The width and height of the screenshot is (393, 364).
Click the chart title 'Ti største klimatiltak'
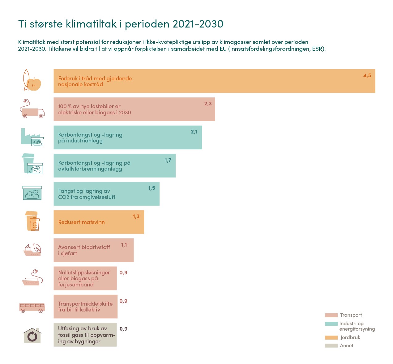point(121,24)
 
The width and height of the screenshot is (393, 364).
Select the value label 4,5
point(367,76)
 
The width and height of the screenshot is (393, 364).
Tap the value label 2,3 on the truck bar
point(208,104)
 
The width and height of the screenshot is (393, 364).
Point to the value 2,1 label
point(194,132)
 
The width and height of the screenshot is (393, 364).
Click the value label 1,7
point(168,160)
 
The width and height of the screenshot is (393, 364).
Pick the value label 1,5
point(152,188)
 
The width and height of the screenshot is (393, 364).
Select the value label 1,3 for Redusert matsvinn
point(136,217)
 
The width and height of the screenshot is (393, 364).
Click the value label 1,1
point(124,245)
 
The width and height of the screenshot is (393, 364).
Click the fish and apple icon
point(32,80)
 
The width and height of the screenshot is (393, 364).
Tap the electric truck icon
point(32,109)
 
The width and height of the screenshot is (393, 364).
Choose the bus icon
point(32,307)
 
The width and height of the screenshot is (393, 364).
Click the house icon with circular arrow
point(32,336)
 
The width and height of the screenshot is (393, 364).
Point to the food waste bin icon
point(32,221)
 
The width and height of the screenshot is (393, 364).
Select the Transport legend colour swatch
point(331,315)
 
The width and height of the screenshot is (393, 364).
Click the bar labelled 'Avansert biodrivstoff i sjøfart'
point(93,250)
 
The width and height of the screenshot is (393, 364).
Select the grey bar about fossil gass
point(85,335)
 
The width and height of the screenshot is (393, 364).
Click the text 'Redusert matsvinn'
point(81,222)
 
